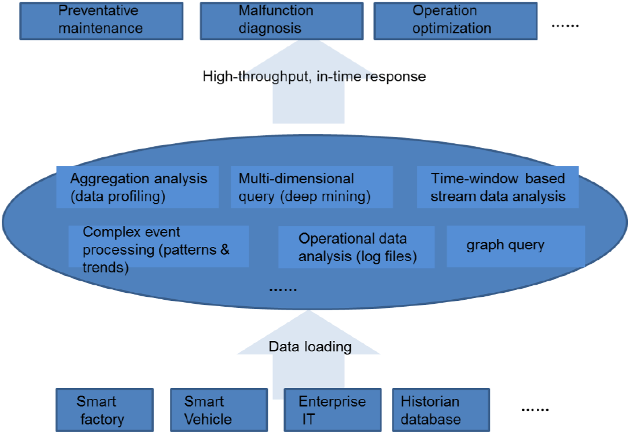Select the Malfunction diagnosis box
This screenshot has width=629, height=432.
tap(281, 20)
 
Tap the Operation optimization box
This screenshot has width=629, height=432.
tap(455, 20)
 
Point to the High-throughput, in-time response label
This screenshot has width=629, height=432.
tap(314, 77)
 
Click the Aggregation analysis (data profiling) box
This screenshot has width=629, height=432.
tap(138, 187)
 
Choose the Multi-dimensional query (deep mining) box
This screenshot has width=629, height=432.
tap(311, 187)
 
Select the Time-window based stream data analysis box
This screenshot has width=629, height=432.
tap(498, 187)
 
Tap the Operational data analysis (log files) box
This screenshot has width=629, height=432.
tap(357, 247)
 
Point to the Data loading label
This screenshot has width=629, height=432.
tap(310, 347)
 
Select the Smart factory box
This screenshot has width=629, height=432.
tap(104, 410)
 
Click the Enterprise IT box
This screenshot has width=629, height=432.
tap(332, 410)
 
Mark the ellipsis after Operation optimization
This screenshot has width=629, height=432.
tap(565, 26)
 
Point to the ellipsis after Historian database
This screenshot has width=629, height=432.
tap(535, 410)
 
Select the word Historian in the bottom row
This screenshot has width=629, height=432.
tap(430, 401)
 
